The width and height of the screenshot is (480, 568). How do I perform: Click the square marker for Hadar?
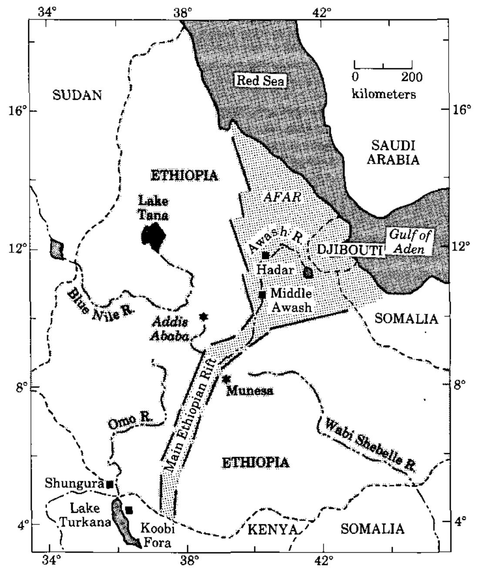click(x=265, y=255)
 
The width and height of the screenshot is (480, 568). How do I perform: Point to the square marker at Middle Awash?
click(x=262, y=295)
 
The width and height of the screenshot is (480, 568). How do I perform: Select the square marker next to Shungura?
click(x=110, y=484)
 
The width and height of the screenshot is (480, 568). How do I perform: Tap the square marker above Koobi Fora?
click(x=129, y=510)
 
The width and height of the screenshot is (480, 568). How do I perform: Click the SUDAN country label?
click(x=77, y=95)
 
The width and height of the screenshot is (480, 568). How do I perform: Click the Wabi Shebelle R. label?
click(x=368, y=444)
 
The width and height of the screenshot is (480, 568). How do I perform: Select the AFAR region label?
click(x=283, y=197)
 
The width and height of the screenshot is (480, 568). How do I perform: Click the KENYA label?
click(x=272, y=529)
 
